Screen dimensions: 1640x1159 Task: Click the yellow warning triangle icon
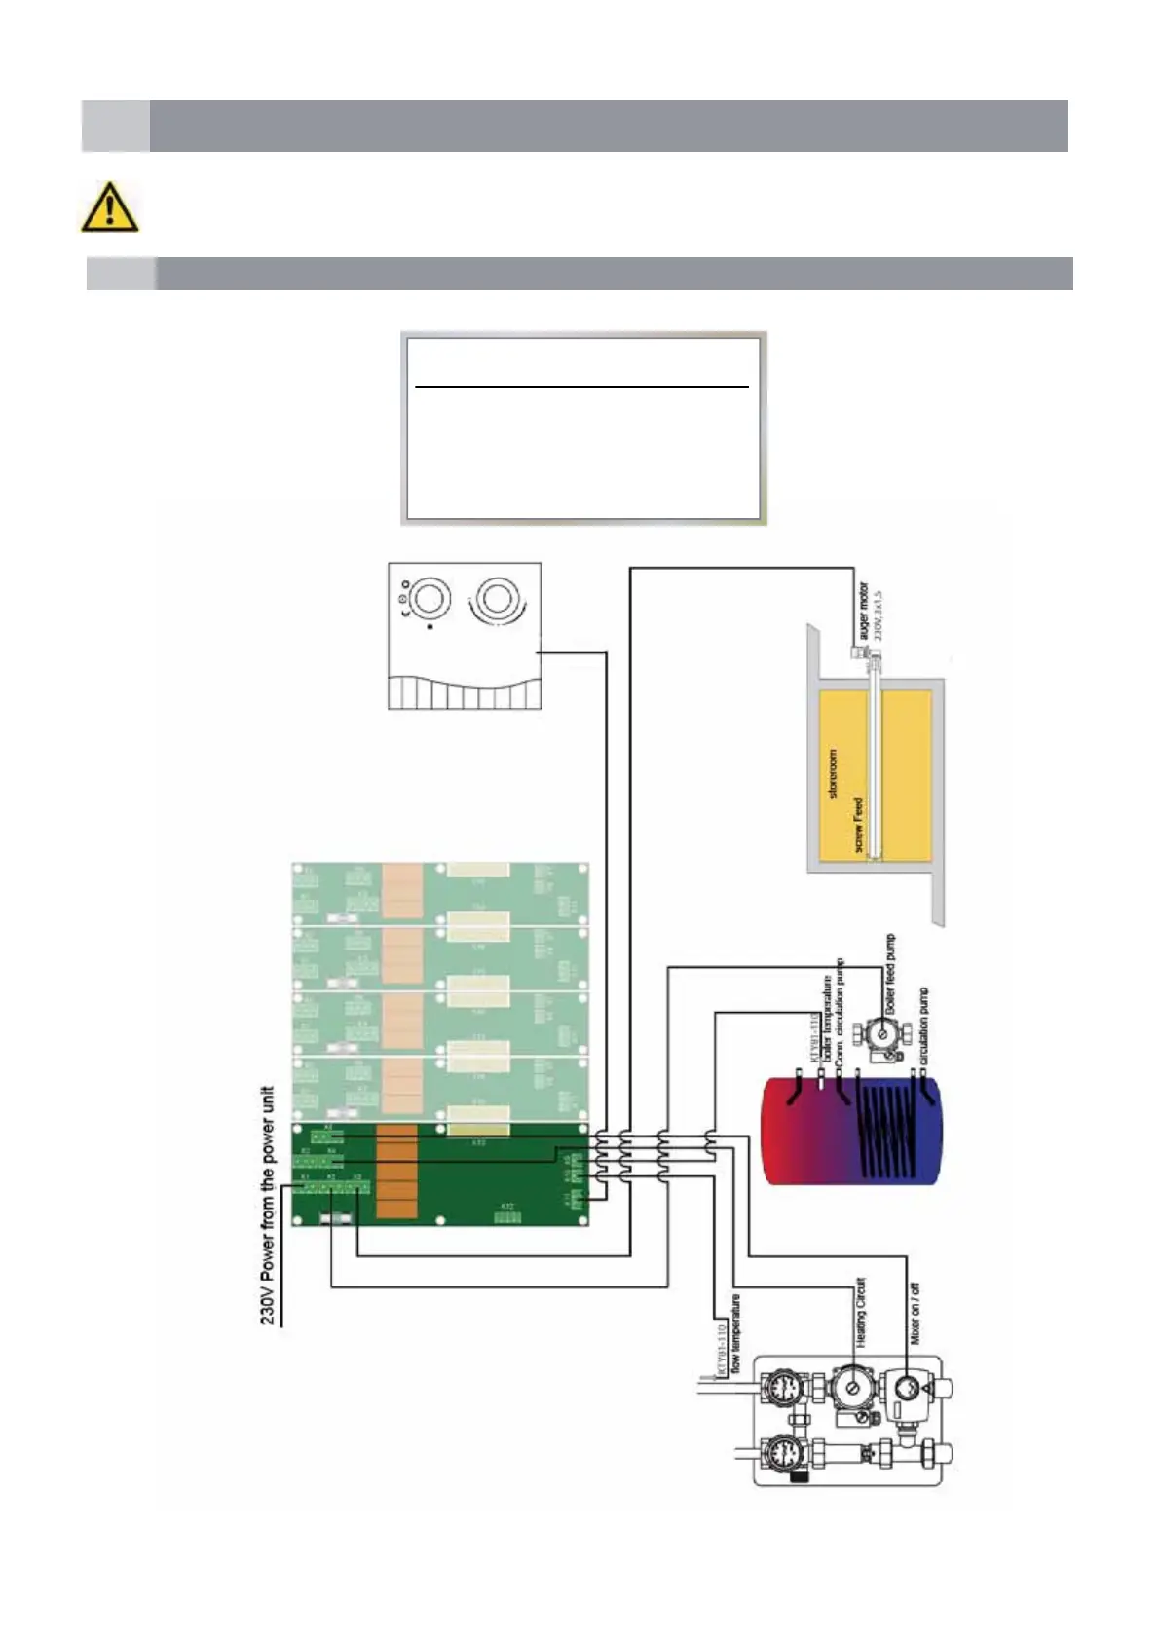coord(109,207)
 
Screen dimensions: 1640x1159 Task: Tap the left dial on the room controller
coord(430,597)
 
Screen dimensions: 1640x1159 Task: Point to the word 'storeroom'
coord(833,774)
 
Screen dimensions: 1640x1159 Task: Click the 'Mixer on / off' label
coord(916,1314)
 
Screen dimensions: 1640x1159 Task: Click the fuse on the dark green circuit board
coord(337,1218)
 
